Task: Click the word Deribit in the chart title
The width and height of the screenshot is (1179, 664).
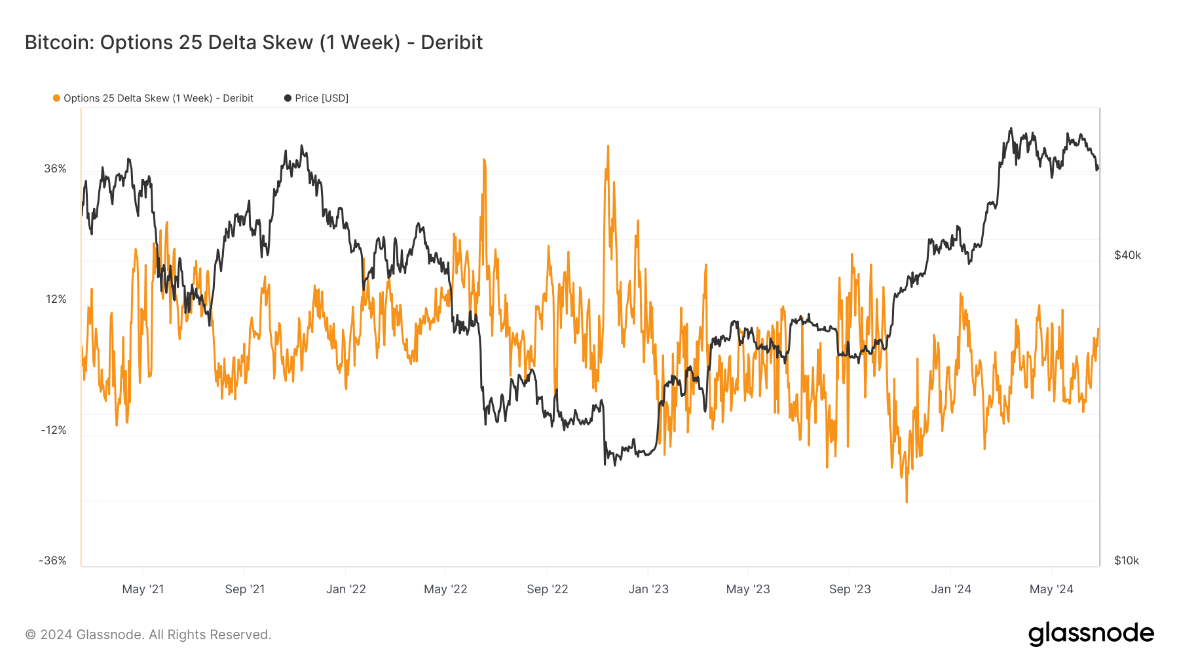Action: [451, 43]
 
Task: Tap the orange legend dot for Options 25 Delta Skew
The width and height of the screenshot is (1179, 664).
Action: [57, 98]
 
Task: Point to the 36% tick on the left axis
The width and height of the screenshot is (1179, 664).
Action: [56, 169]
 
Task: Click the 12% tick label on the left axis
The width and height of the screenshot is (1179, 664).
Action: [56, 300]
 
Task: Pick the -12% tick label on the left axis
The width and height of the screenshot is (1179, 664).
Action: [54, 431]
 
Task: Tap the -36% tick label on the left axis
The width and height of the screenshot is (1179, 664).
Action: [53, 561]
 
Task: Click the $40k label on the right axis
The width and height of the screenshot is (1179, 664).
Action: [1127, 256]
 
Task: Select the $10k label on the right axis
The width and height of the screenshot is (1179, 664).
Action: [1127, 561]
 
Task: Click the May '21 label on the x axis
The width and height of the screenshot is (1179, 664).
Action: [143, 589]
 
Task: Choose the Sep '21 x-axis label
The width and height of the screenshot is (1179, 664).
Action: [245, 589]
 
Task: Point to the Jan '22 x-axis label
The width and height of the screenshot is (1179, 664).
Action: [346, 589]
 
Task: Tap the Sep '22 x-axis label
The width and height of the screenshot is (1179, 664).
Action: [548, 589]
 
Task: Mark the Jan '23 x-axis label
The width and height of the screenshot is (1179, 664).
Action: [648, 589]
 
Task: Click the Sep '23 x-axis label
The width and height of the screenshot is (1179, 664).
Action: [850, 589]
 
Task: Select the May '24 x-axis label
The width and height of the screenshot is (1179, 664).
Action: [1051, 589]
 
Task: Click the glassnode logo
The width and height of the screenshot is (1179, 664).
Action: [1091, 634]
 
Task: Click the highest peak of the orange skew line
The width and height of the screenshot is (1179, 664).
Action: [608, 146]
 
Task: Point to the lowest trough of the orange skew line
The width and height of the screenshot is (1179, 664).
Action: [907, 502]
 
